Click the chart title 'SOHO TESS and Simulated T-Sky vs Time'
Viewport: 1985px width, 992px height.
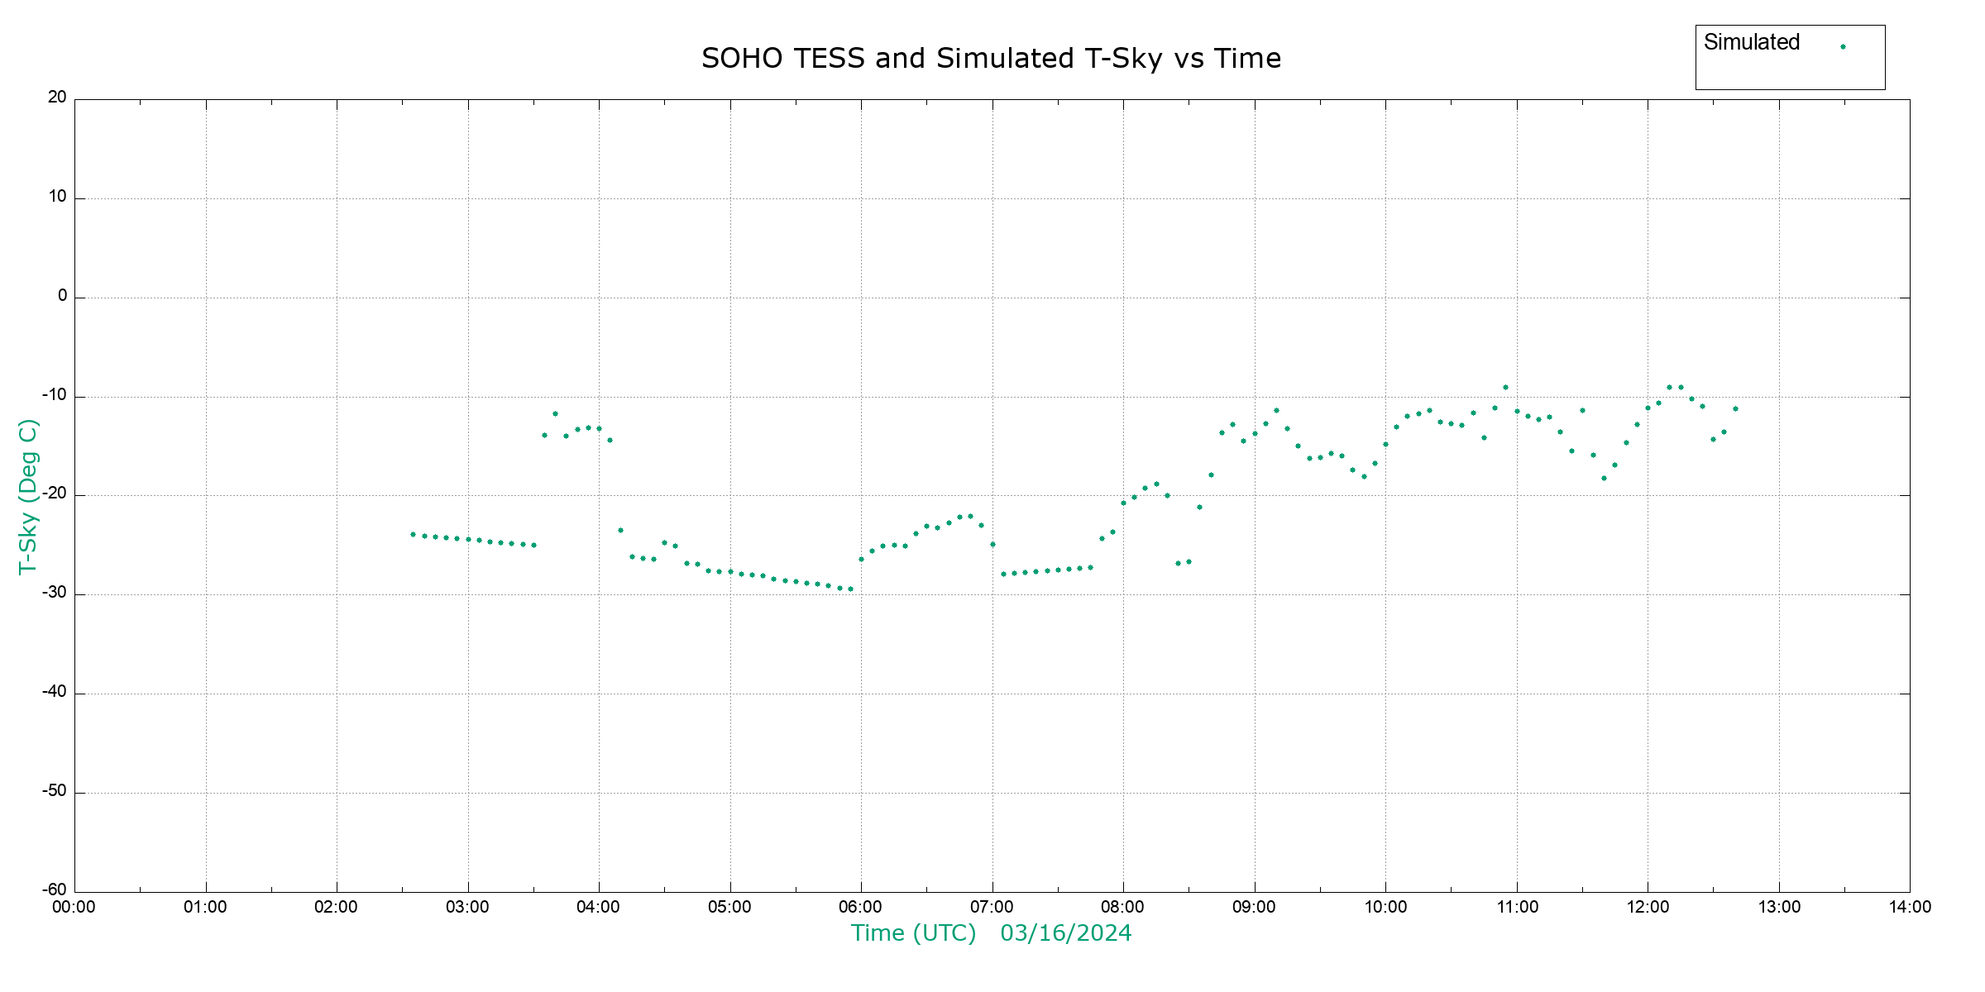coord(991,59)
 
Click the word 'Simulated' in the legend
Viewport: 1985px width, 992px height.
coord(1751,42)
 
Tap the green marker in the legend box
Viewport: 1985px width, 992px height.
coord(1843,46)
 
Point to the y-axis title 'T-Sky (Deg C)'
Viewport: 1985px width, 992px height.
coord(28,496)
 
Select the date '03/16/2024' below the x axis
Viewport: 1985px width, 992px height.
coord(1065,933)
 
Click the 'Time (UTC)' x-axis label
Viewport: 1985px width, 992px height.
coord(913,933)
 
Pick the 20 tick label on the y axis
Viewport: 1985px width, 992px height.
coord(57,98)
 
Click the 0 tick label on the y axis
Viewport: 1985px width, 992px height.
coord(62,296)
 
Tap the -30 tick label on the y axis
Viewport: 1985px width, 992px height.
coord(54,593)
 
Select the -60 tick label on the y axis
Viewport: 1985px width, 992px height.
coord(54,889)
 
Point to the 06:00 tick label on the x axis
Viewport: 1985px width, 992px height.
coord(860,907)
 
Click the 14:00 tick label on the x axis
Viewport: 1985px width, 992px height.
coord(1910,907)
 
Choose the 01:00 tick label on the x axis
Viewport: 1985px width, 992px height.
coord(205,907)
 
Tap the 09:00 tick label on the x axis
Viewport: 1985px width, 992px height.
coord(1254,907)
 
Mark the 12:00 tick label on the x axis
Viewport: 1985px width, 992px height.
coord(1648,907)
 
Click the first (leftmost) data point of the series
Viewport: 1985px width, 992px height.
coord(413,535)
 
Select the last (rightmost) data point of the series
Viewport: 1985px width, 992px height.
coord(1735,408)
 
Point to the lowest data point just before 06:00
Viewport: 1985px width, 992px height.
coord(850,589)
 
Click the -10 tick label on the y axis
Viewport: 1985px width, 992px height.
coord(54,395)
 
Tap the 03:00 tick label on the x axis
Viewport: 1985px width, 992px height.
coord(467,907)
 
